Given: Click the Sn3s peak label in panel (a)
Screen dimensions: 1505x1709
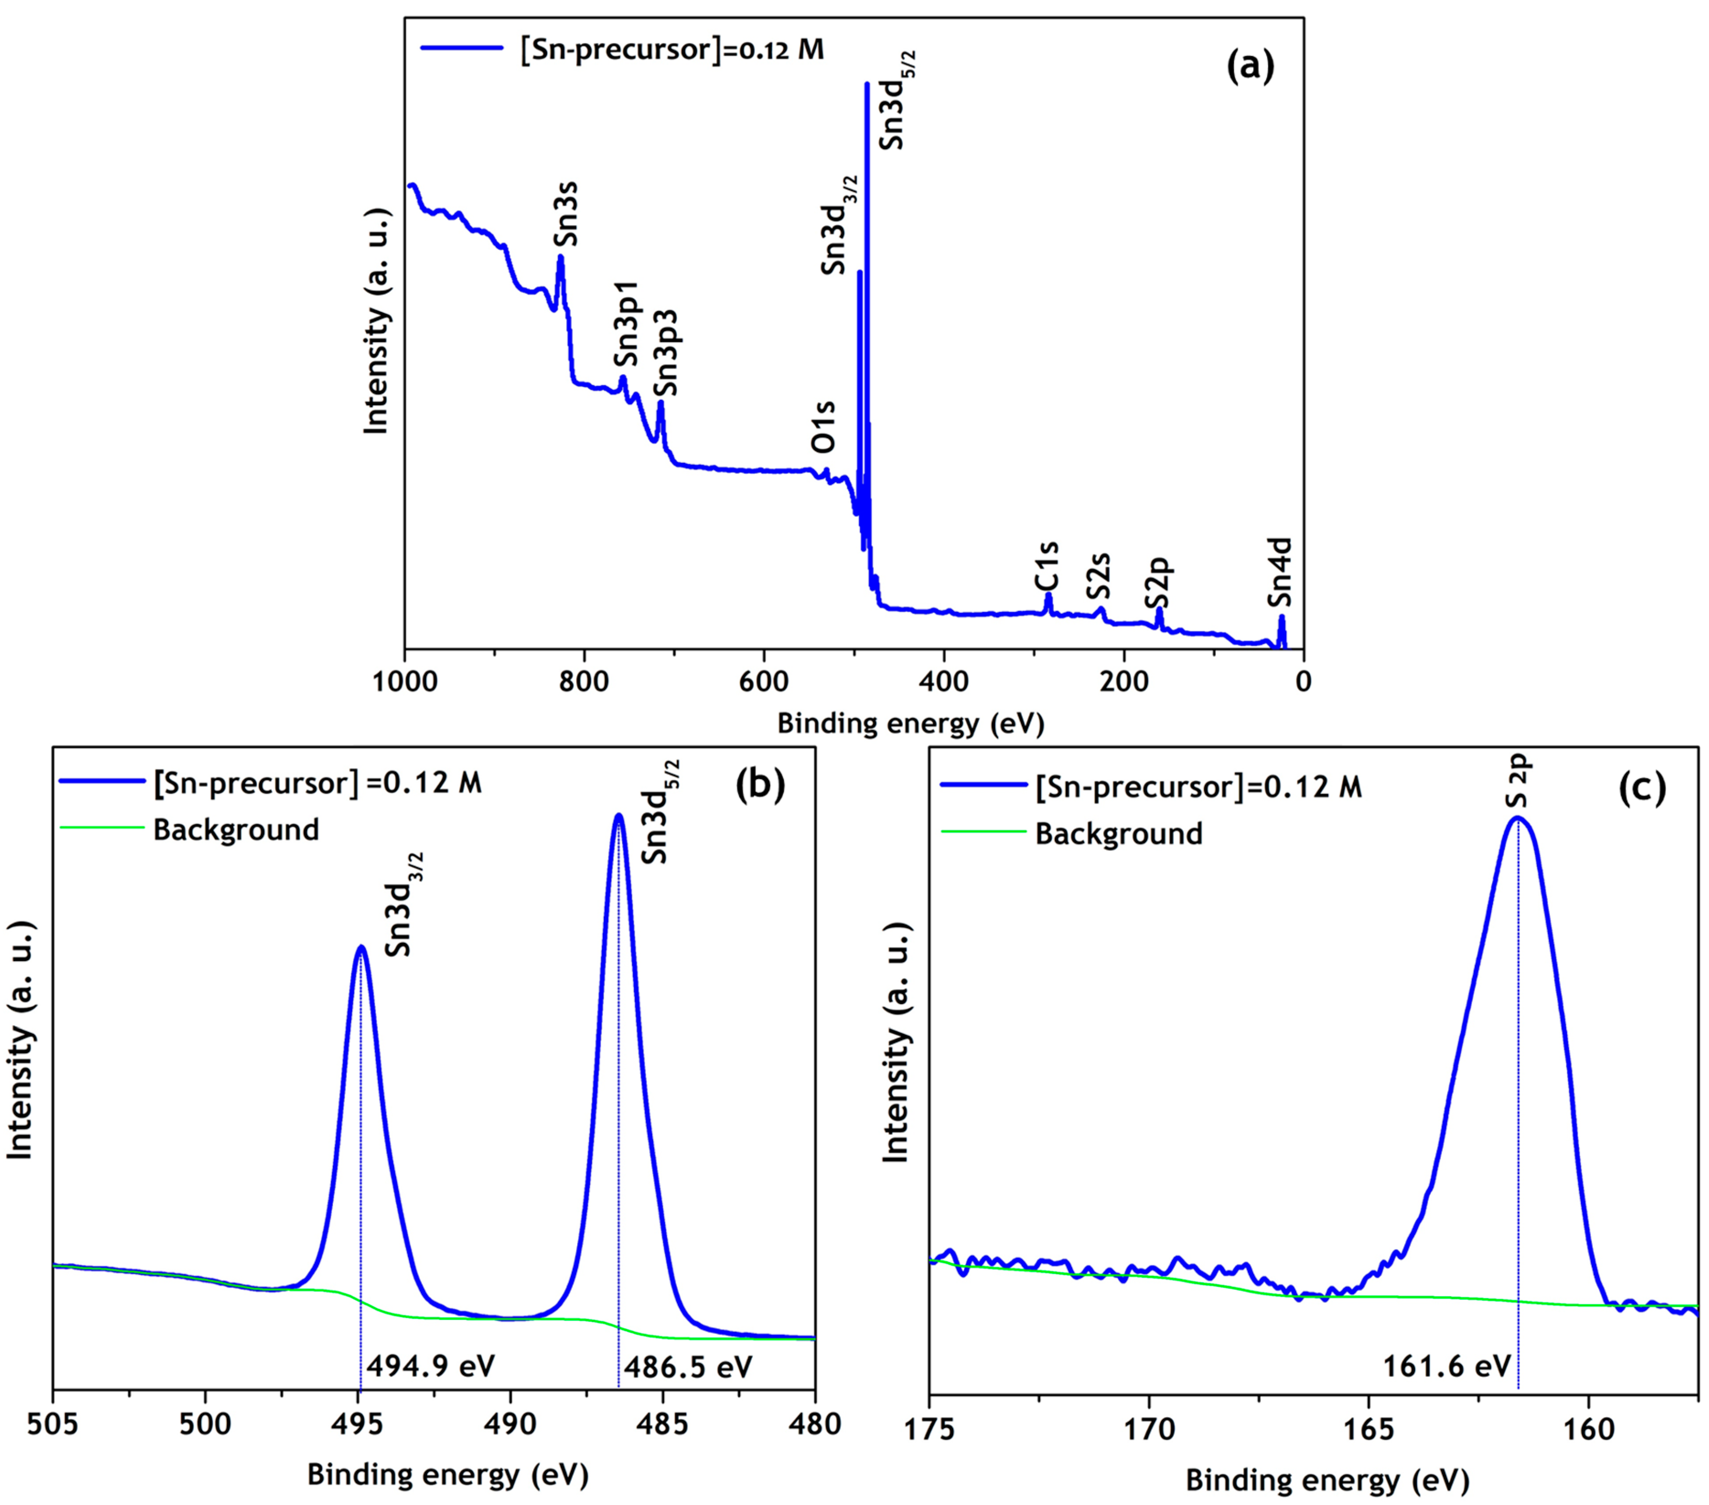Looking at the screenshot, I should pos(566,216).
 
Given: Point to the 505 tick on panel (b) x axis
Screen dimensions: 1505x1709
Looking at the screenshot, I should pos(53,1423).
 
